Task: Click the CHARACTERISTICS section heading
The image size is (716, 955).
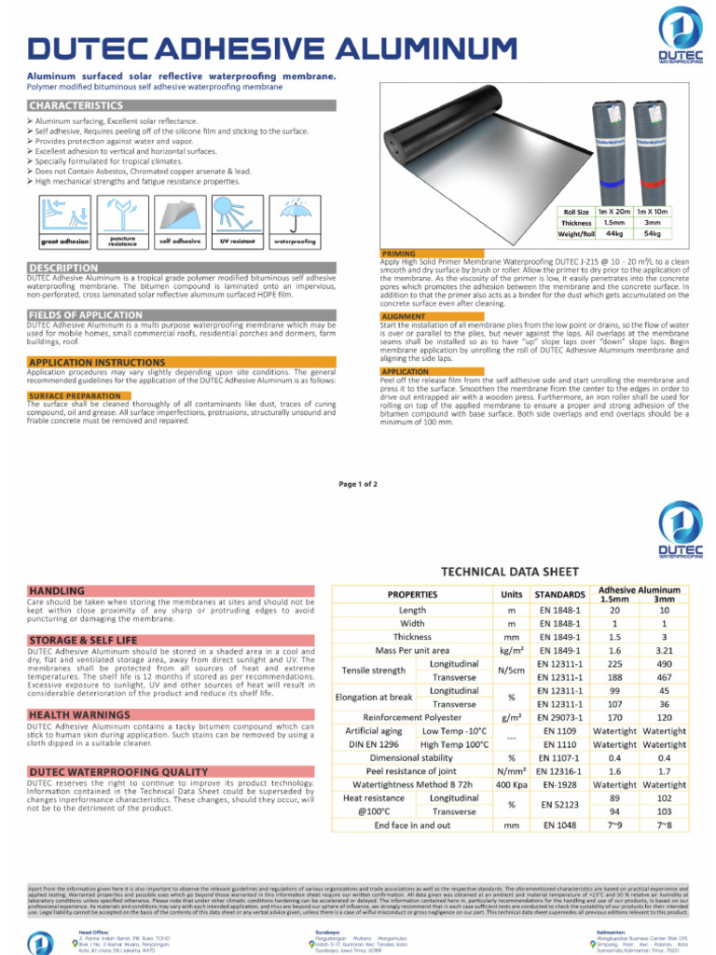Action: (x=76, y=105)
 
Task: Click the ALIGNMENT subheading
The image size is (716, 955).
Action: (x=404, y=317)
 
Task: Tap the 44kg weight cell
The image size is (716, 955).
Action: (x=613, y=233)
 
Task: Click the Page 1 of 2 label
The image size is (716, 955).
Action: (x=357, y=484)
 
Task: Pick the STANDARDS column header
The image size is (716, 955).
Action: (x=559, y=594)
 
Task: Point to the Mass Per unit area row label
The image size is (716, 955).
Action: (x=412, y=650)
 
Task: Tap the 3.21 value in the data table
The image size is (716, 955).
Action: (x=664, y=650)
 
